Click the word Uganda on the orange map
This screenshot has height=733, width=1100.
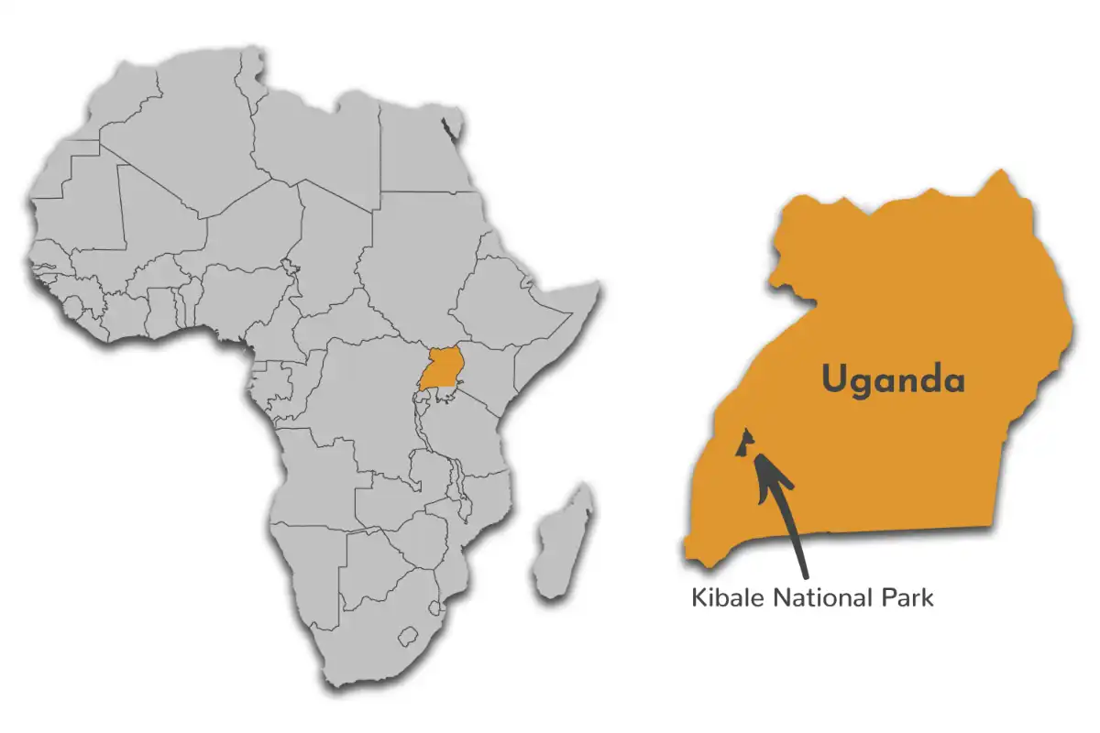(x=893, y=378)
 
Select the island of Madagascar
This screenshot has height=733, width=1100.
(x=562, y=541)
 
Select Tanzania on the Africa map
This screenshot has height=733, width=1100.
(x=467, y=440)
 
